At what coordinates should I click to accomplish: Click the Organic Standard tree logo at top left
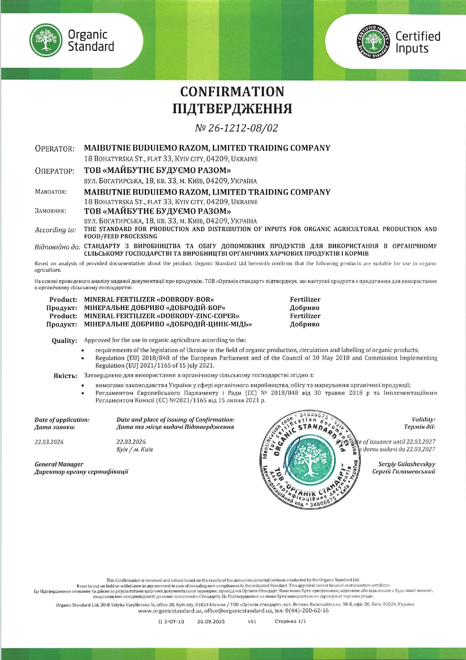click(x=46, y=40)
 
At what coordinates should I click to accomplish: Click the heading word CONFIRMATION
click(x=232, y=92)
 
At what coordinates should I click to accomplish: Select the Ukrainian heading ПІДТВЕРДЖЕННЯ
click(x=232, y=109)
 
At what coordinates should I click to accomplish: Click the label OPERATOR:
click(x=54, y=149)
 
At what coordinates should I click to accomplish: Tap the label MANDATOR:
click(x=51, y=192)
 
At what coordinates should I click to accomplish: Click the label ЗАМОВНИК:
click(x=50, y=211)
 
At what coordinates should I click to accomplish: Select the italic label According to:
click(x=55, y=230)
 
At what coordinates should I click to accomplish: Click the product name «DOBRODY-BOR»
click(x=185, y=300)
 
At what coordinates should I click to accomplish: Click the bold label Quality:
click(x=64, y=341)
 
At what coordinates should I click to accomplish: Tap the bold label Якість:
click(x=65, y=376)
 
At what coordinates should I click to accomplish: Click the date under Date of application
click(x=49, y=442)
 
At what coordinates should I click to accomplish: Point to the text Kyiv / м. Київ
click(x=135, y=449)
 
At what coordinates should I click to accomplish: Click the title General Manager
click(x=59, y=464)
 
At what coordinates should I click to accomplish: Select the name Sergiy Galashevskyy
click(x=407, y=464)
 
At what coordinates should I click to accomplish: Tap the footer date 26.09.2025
click(x=211, y=622)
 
